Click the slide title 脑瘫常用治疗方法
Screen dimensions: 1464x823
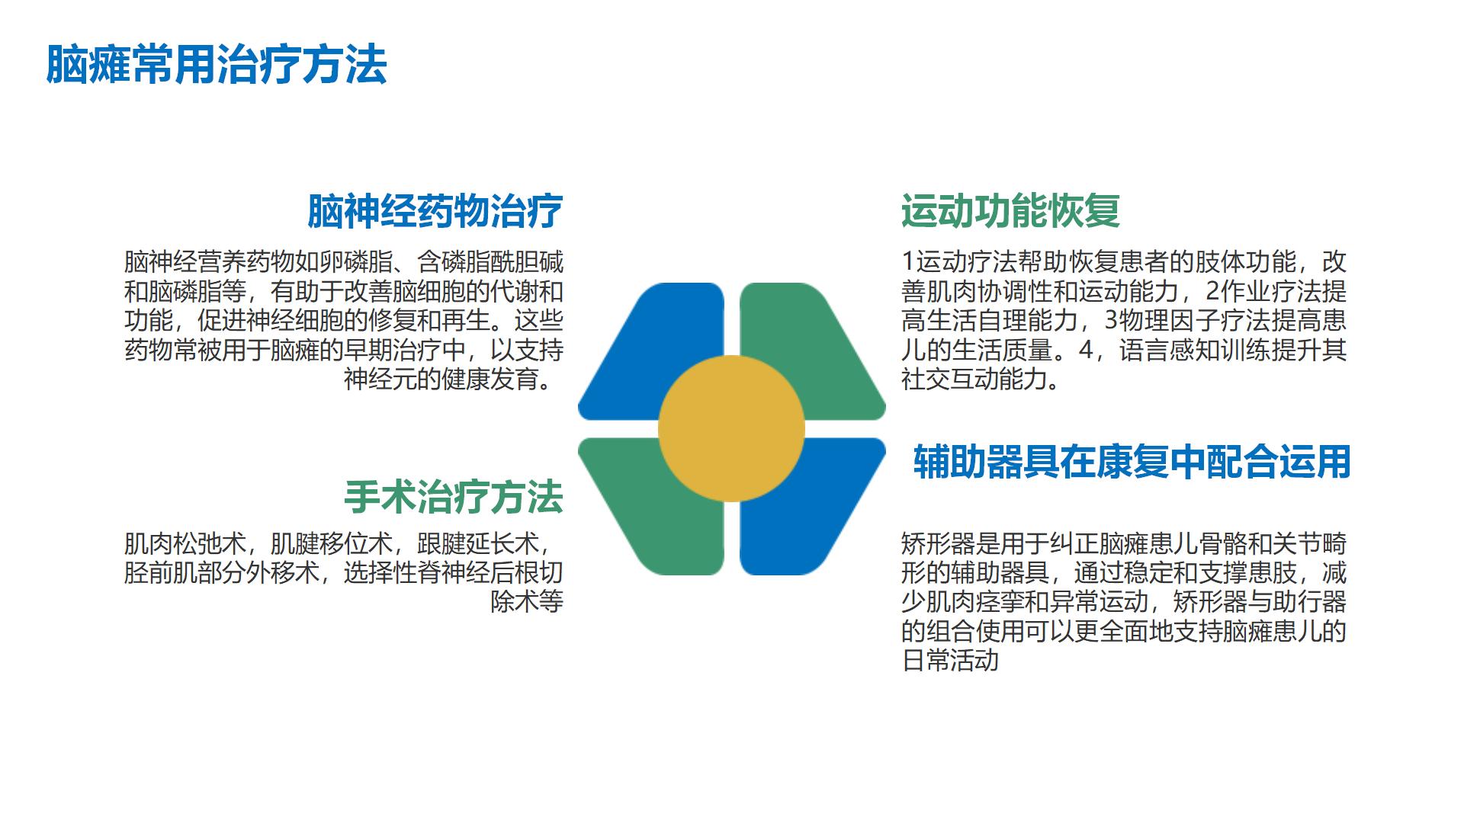pyautogui.click(x=217, y=64)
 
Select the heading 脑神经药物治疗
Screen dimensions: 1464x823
pyautogui.click(x=435, y=211)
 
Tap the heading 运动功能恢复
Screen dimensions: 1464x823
pyautogui.click(x=1010, y=211)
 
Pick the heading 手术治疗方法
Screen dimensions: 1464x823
pyautogui.click(x=453, y=498)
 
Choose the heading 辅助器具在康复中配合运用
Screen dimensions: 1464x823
pyautogui.click(x=1132, y=462)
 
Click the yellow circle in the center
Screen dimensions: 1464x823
pyautogui.click(x=731, y=429)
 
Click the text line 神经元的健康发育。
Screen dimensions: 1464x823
pyautogui.click(x=454, y=379)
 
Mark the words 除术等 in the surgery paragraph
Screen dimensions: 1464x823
pyautogui.click(x=527, y=602)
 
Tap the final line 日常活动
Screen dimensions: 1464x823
pyautogui.click(x=949, y=660)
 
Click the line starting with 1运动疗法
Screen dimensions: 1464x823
pyautogui.click(x=1124, y=262)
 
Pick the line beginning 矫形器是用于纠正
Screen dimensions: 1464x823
pyautogui.click(x=1124, y=544)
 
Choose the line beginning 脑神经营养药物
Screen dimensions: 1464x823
pyautogui.click(x=344, y=262)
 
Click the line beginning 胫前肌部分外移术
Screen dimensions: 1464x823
pyautogui.click(x=344, y=573)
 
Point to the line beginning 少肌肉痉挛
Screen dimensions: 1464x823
pyautogui.click(x=1124, y=602)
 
